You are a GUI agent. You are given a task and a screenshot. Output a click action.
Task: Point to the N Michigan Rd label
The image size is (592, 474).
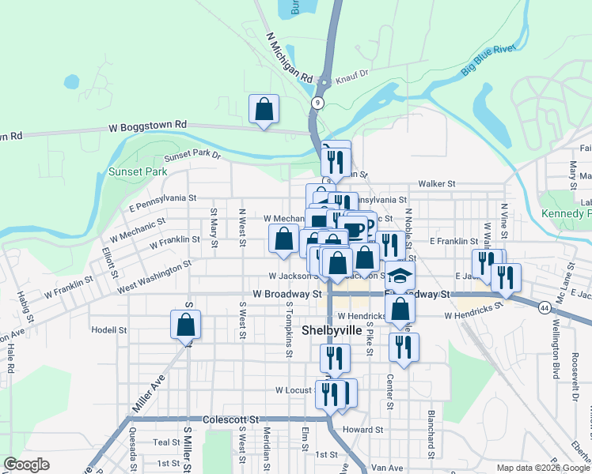pos(290,58)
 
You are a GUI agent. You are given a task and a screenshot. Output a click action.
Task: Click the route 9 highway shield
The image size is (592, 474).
pos(317,103)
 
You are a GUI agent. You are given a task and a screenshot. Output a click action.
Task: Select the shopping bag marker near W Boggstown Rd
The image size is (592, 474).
pos(264,111)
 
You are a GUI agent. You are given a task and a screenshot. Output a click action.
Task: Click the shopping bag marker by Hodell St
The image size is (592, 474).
pos(185,324)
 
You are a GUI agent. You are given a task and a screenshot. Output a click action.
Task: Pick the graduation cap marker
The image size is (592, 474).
pos(400,275)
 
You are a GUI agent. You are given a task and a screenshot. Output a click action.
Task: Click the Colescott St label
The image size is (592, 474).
pos(230,419)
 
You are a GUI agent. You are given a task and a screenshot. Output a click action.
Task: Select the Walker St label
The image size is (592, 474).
pos(437,183)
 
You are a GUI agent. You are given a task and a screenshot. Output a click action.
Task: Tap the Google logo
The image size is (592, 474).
pos(26,465)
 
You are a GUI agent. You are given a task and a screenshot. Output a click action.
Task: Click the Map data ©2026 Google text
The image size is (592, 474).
pos(543,468)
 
